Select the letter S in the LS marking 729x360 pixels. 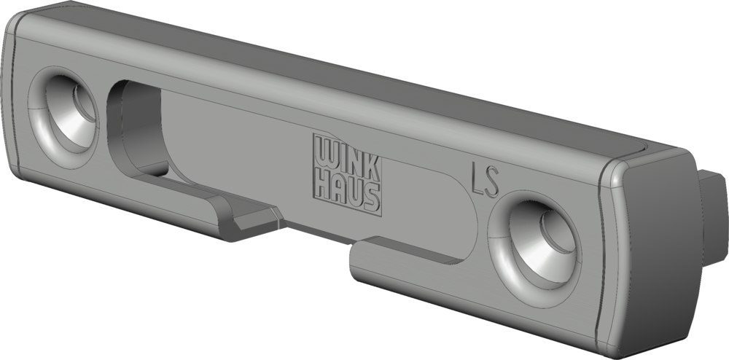[492, 181]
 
